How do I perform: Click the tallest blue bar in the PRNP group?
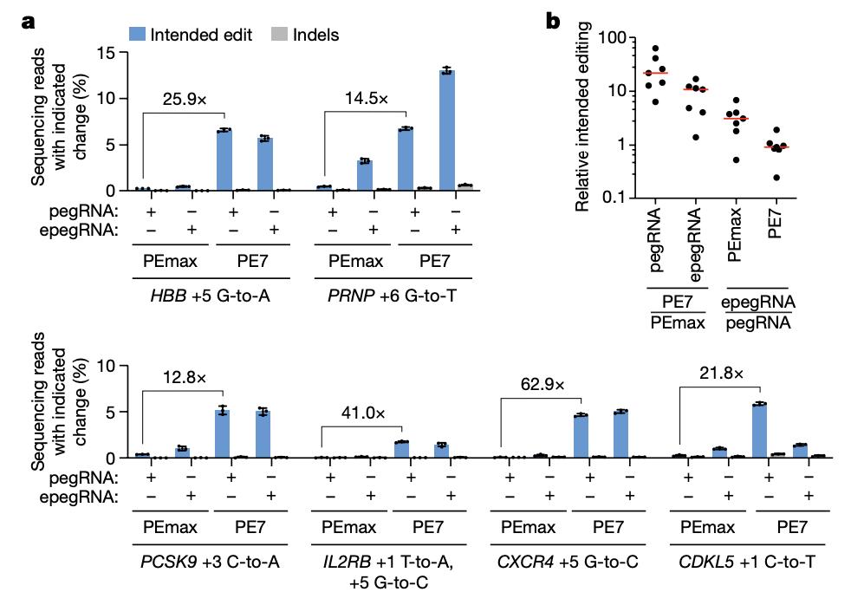click(446, 130)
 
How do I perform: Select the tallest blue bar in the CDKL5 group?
click(760, 430)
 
